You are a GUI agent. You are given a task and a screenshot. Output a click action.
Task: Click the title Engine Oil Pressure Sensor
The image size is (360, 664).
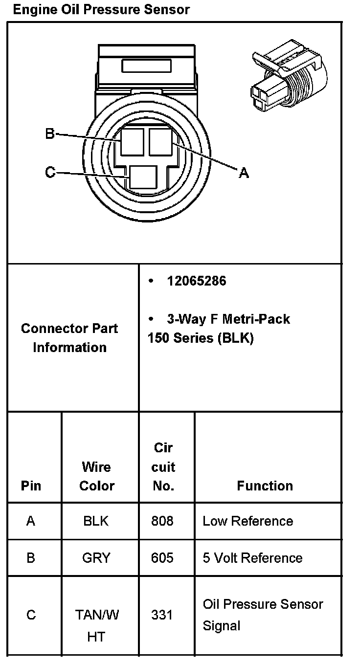click(101, 9)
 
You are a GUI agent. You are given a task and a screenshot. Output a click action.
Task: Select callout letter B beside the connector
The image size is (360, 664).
click(49, 133)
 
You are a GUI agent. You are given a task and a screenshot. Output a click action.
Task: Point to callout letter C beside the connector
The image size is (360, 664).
click(49, 172)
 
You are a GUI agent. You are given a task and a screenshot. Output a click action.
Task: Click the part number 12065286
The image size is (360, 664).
click(197, 281)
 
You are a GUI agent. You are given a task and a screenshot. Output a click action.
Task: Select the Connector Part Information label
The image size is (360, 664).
click(69, 338)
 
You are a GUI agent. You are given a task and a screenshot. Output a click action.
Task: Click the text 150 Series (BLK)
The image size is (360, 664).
click(201, 338)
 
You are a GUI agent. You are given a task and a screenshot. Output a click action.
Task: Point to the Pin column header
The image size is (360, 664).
click(31, 486)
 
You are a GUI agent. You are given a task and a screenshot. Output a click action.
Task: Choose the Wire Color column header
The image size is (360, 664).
click(96, 476)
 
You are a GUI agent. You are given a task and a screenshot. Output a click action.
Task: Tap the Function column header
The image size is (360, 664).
click(265, 486)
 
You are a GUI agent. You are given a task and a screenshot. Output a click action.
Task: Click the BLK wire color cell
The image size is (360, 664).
click(96, 521)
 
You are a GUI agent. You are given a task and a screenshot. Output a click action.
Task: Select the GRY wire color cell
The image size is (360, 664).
click(96, 558)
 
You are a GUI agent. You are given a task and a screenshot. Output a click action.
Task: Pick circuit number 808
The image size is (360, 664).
click(162, 521)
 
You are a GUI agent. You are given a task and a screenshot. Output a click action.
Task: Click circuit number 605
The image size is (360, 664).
click(162, 558)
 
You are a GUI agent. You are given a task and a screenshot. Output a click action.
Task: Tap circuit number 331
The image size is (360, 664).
click(162, 615)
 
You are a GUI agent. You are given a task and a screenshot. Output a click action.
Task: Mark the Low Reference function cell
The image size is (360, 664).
click(247, 521)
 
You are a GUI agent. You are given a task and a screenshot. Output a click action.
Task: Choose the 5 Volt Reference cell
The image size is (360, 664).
click(252, 558)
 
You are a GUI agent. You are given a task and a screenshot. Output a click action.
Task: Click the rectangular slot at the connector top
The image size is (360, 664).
click(146, 66)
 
